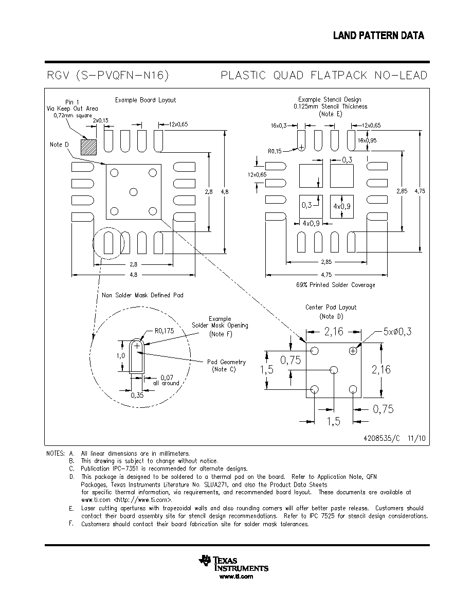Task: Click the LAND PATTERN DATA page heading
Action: click(378, 36)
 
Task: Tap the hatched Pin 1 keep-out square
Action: click(88, 147)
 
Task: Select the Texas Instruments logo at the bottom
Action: click(233, 564)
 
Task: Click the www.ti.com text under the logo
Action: click(236, 577)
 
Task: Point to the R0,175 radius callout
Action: click(165, 331)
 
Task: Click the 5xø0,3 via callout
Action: click(397, 332)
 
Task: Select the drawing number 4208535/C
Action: click(382, 438)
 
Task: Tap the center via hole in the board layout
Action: click(133, 192)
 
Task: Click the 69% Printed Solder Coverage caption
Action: click(336, 285)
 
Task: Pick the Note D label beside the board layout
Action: click(59, 145)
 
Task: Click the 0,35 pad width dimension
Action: click(137, 395)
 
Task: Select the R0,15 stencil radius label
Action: click(275, 151)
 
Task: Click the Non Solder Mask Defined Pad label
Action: click(142, 295)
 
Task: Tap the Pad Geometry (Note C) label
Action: click(226, 366)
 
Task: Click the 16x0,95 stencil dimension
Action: click(367, 140)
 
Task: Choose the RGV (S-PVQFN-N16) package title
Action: click(108, 75)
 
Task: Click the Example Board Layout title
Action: click(146, 100)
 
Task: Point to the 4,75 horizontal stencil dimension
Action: click(326, 275)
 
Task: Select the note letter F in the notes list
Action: click(71, 524)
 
